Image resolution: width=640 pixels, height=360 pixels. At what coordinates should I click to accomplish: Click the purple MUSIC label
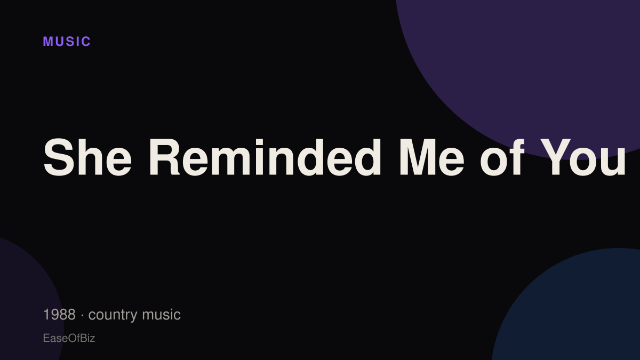(x=67, y=42)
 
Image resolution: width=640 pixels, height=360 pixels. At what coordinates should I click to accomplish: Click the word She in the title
(x=87, y=157)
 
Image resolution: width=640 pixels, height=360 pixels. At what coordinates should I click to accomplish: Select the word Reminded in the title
(x=265, y=157)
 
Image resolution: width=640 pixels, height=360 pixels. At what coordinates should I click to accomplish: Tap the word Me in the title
(x=431, y=157)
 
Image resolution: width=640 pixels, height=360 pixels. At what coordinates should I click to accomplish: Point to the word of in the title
(x=502, y=157)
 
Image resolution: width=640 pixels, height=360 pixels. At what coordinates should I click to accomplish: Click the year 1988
(x=59, y=315)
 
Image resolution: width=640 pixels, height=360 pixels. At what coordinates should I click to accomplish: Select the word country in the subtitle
(x=113, y=315)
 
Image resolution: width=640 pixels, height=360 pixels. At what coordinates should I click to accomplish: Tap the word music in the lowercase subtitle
(x=162, y=315)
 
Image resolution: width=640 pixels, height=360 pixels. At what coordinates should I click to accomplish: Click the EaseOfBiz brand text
(x=69, y=338)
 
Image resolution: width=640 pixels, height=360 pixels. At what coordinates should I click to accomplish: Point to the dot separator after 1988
(x=82, y=315)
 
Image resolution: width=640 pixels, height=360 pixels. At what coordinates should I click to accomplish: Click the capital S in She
(x=59, y=157)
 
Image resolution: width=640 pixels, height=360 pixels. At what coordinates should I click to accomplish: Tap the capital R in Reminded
(x=165, y=157)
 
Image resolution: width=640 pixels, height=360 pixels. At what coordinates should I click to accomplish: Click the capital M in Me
(x=418, y=157)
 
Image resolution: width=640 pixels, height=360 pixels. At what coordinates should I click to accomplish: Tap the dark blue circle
(x=574, y=311)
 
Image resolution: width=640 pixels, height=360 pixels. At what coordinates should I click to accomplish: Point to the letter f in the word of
(x=517, y=157)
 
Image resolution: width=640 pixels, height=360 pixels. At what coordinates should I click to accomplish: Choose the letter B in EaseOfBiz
(x=83, y=338)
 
